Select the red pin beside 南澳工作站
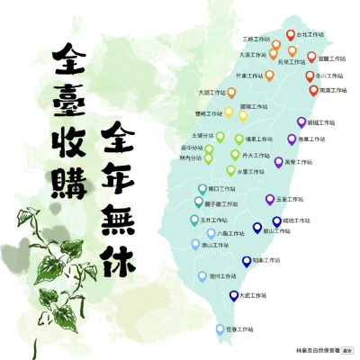coord(312,89)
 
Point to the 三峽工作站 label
coord(257,40)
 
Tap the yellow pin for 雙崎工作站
coord(229,114)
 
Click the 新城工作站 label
coord(323,121)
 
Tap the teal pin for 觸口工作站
coord(202,189)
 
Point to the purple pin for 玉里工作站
coord(269,198)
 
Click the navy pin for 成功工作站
coord(277,220)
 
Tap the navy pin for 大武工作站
coord(234,293)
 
